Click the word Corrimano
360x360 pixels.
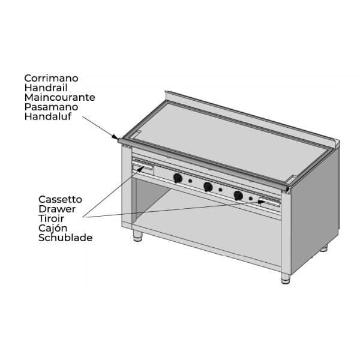(51, 78)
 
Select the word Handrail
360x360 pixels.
(46, 88)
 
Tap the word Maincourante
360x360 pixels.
(59, 97)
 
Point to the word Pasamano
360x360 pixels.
(51, 107)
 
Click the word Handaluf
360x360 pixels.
(48, 116)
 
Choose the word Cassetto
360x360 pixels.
(60, 200)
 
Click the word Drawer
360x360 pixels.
(57, 209)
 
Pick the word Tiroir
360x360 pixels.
(51, 218)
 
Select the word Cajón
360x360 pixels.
(53, 229)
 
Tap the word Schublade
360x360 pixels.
(65, 238)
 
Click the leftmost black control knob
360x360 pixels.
(178, 178)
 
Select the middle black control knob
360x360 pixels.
(208, 187)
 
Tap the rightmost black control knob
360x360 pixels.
(238, 196)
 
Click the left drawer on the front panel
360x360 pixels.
(142, 167)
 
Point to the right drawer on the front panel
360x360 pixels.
(270, 203)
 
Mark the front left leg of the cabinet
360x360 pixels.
(138, 236)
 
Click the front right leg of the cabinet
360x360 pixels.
(286, 278)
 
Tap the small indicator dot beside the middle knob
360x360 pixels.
(220, 190)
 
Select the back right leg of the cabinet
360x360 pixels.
(324, 248)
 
